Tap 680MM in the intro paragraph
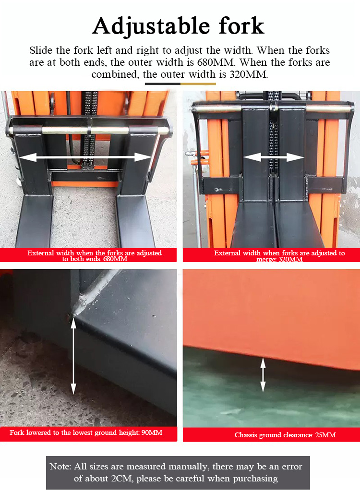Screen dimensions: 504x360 click(216, 62)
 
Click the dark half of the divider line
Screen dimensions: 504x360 click(162, 84)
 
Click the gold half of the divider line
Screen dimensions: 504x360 click(198, 84)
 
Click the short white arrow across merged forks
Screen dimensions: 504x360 click(273, 157)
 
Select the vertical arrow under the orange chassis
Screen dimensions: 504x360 click(263, 375)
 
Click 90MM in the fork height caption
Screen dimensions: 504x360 click(152, 433)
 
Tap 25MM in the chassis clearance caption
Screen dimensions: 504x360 click(325, 435)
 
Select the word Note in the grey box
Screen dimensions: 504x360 click(60, 467)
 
